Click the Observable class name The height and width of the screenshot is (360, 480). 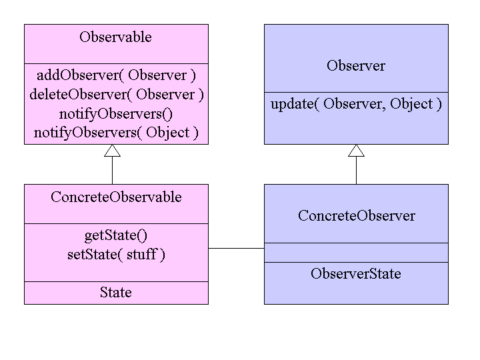pos(115,37)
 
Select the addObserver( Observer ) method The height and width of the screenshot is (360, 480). pos(116,75)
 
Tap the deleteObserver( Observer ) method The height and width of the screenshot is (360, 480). pos(116,94)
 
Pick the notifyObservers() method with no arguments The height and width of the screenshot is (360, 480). pos(116,113)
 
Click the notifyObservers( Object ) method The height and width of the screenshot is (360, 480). pos(116,132)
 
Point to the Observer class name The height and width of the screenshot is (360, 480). pos(355,65)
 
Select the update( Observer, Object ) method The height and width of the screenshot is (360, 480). pos(356,104)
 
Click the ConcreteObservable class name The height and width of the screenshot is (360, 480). pos(116,197)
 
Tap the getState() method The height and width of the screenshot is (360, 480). pos(116,235)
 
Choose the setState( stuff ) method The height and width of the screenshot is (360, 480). pos(116,254)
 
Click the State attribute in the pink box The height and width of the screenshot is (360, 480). pos(116,293)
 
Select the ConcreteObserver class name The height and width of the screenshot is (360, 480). pos(356,216)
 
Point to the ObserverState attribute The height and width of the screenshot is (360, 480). pos(356,273)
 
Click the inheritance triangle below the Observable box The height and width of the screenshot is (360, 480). pos(112,151)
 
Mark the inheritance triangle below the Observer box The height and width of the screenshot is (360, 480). pos(356,151)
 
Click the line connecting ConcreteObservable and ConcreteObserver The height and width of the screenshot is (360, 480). pos(236,248)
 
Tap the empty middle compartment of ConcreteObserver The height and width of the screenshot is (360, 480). pos(356,253)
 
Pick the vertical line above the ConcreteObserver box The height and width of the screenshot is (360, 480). pos(356,171)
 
